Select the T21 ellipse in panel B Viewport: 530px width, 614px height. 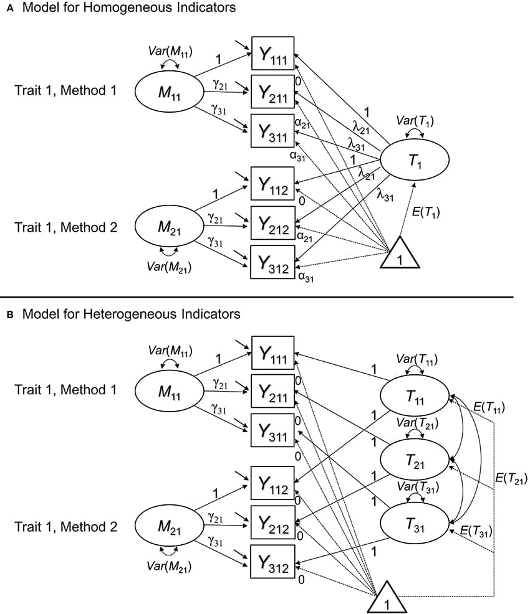pos(414,460)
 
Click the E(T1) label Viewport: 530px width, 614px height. pos(426,212)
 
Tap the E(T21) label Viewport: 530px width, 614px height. pos(511,478)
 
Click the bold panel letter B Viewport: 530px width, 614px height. pos(9,314)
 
